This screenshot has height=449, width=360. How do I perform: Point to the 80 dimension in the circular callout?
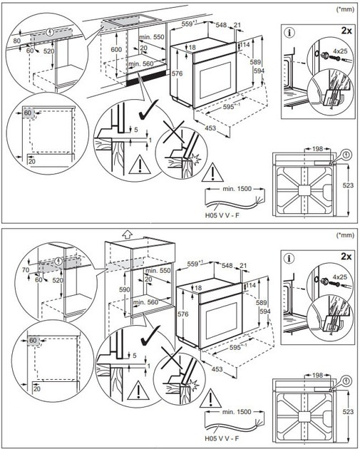click(x=16, y=41)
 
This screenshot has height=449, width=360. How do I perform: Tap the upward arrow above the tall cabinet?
click(x=126, y=232)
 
